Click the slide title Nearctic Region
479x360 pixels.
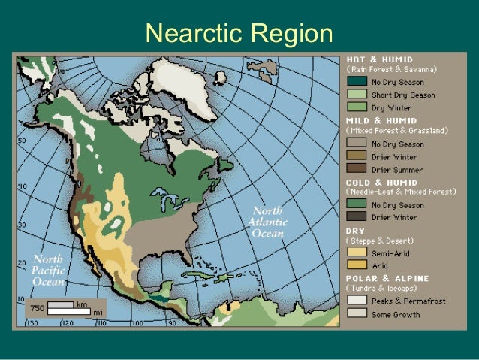pos(239,34)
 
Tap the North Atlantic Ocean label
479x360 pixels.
pos(267,221)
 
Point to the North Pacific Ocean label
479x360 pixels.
pos(49,271)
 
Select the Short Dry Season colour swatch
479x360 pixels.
pos(357,95)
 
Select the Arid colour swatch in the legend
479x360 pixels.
pos(357,265)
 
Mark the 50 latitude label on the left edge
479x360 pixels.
pos(23,141)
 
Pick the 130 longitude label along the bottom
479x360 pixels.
pos(33,323)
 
